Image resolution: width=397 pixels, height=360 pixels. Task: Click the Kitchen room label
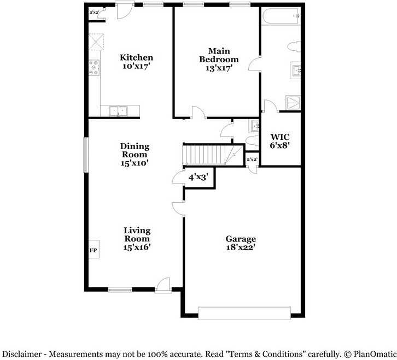coord(136,57)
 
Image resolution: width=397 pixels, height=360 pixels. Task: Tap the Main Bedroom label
coord(218,55)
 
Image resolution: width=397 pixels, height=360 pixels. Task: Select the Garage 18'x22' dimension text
coord(241,247)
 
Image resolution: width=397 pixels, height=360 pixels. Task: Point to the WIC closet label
coord(280,137)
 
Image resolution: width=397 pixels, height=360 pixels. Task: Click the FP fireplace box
coord(93,250)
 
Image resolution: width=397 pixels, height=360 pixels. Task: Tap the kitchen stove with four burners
coord(94,68)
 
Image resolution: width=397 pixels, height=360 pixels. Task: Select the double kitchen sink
coord(118,111)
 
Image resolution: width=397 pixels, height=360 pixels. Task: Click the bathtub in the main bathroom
coord(281,17)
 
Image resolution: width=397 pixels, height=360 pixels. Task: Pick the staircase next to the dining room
coord(208,155)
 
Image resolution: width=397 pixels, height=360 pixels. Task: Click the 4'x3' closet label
coord(197,177)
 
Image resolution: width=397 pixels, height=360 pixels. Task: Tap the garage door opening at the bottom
coord(244,313)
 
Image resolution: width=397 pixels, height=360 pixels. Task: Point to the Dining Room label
coord(135,150)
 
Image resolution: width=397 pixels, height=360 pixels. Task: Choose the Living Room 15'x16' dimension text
coord(137,247)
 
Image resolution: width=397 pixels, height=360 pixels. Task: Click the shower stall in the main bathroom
coord(293,102)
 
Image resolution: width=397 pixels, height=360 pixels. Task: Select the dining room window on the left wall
coord(85,155)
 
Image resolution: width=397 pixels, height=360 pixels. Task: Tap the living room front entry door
coord(162,285)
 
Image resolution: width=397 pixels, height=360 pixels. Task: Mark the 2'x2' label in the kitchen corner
coord(95,12)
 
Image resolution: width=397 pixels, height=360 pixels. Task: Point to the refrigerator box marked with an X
coord(97,42)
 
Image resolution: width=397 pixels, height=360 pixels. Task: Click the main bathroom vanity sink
coord(295,70)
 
